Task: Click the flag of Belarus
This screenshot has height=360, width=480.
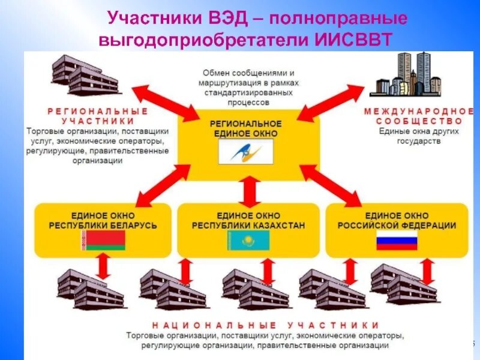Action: [103, 240]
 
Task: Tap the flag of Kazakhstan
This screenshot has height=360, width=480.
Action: [248, 240]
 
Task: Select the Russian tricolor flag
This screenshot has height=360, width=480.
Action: [397, 240]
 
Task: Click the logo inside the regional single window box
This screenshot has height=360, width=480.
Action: [249, 150]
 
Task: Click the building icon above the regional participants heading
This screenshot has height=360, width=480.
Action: [84, 76]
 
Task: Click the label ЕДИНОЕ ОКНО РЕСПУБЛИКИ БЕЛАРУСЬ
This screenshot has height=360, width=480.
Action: [103, 220]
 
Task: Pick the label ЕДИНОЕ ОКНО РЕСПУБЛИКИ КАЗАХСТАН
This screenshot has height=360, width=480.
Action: [248, 220]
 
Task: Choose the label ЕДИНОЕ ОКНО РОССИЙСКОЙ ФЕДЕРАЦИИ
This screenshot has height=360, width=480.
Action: [397, 220]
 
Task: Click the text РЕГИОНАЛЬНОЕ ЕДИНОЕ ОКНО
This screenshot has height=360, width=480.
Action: [245, 127]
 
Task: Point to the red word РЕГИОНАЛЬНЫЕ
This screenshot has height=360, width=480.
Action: [96, 111]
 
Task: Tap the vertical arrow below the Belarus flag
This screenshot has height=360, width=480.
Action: [103, 266]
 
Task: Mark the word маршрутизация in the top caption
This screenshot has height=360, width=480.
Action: [230, 83]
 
